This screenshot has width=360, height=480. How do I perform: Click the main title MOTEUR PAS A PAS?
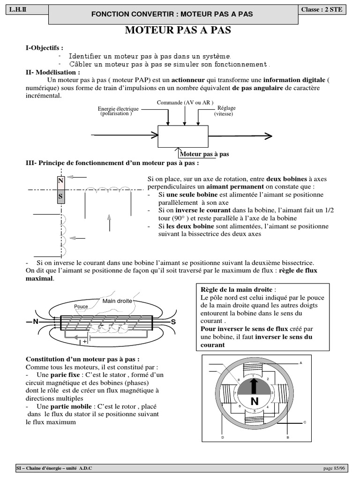pos(178,31)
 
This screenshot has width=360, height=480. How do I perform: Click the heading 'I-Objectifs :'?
pos(45,48)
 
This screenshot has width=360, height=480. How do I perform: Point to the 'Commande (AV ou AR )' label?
pos(185,102)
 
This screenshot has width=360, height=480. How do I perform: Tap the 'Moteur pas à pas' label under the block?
pos(205,154)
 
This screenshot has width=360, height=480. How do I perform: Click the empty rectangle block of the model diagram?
pos(183,136)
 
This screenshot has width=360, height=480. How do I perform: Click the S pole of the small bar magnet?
pos(60,196)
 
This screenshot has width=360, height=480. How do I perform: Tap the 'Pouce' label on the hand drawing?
pos(81,307)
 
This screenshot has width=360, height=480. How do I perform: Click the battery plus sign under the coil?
pos(85,342)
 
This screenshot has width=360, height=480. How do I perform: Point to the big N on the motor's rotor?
pos(255,401)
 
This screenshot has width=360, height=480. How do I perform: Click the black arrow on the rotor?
pos(254,385)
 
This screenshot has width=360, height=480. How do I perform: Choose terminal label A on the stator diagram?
pos(300,363)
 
